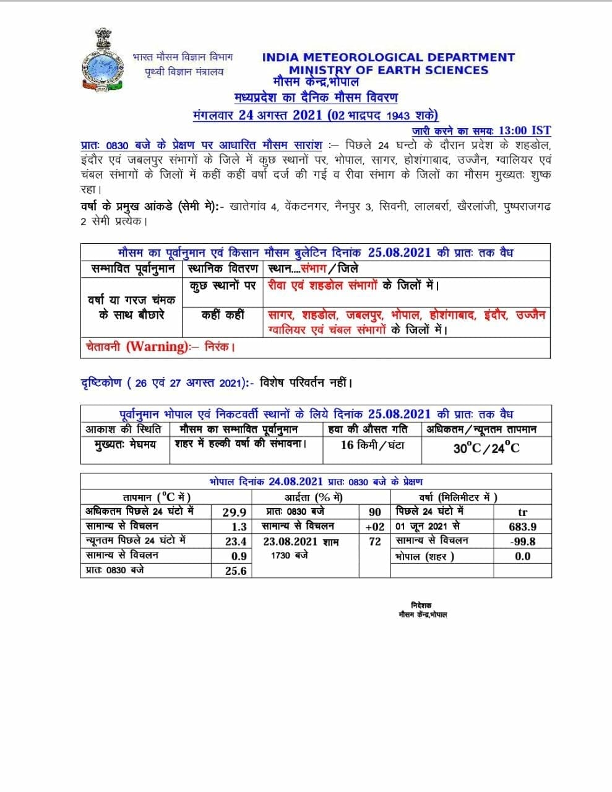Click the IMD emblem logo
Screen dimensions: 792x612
103,61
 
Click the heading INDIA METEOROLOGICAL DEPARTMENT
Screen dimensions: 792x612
388,58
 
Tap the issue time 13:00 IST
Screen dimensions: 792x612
524,130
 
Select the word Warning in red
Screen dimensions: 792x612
157,346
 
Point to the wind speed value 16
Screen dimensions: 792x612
347,445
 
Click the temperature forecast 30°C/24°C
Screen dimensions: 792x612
486,447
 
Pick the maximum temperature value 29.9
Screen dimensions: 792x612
235,512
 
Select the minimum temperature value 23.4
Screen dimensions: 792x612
236,541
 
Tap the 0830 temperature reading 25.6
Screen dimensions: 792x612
236,571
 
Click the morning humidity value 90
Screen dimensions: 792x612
375,512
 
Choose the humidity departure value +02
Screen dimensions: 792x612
375,527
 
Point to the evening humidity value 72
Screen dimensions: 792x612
375,541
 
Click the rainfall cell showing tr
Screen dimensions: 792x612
522,512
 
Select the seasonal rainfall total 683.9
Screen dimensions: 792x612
522,527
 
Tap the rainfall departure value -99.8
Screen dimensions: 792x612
522,541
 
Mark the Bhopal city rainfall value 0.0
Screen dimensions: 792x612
522,556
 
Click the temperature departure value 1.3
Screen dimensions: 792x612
239,527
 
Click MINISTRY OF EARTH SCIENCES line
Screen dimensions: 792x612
388,70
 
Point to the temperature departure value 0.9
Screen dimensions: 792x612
239,556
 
